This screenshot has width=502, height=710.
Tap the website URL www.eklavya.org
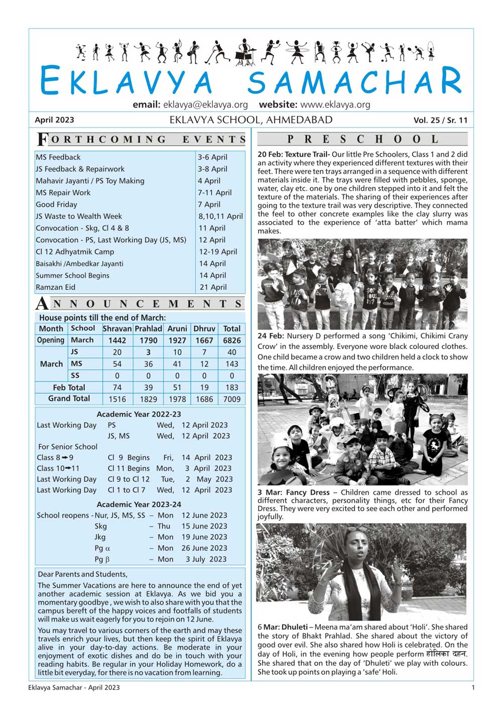tap(335, 105)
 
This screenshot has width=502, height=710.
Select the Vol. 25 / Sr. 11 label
tap(440, 121)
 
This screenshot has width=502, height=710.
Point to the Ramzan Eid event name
tap(55, 287)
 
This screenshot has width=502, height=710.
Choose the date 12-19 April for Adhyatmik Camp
tap(218, 252)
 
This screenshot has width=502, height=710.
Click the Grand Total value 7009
tap(231, 399)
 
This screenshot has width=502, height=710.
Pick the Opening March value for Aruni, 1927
tap(177, 340)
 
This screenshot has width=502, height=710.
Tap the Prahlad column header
tap(148, 329)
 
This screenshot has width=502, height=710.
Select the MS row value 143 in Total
tap(231, 364)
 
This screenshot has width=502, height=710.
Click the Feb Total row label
tap(69, 388)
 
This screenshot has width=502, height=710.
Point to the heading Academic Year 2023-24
tap(139, 505)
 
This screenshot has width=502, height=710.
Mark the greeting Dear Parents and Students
tap(82, 574)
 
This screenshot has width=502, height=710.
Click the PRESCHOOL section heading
tap(362, 139)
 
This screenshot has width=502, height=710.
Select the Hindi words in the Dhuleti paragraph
tap(446, 654)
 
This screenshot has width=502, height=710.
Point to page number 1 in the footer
tap(472, 687)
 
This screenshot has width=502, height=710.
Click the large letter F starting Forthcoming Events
tap(43, 140)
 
